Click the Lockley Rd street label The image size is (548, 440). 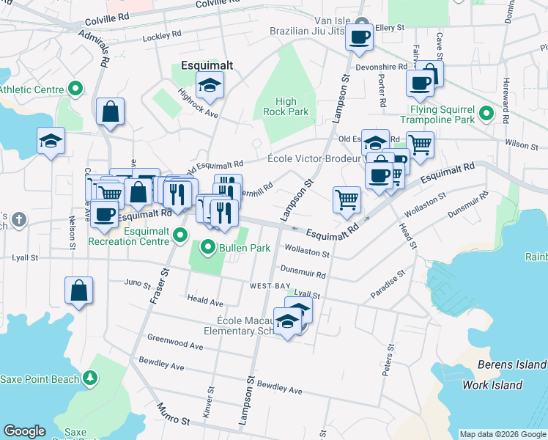(163, 34)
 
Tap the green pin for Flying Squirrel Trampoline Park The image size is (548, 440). (485, 114)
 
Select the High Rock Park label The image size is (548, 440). (286, 107)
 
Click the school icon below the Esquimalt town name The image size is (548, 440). (210, 87)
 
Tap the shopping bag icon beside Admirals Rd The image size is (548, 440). (110, 112)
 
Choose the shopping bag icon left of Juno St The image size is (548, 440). (78, 290)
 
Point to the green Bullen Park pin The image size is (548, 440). (208, 247)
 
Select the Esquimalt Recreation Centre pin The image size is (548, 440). (182, 235)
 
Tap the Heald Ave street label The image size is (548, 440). (205, 301)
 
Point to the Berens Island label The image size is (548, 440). (511, 364)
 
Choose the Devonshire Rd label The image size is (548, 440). (382, 67)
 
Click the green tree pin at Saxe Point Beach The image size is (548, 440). (90, 378)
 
